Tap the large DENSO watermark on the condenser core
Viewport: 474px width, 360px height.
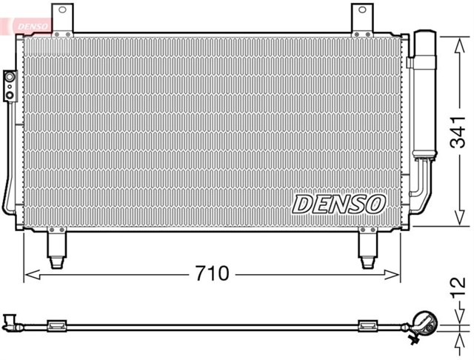(338, 203)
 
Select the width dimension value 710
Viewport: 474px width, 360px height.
(213, 274)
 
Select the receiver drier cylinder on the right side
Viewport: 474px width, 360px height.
(425, 93)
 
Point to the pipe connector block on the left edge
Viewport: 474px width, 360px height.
(10, 85)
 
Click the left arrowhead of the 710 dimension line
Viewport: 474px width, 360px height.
(29, 275)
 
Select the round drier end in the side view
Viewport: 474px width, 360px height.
(424, 322)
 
